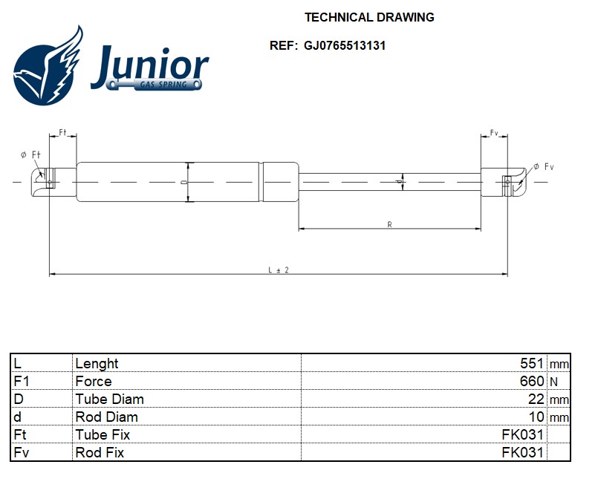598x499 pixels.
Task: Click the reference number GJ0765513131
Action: tap(345, 46)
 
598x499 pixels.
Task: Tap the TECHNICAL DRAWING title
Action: tap(369, 17)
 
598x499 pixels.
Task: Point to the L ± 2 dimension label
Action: tap(279, 270)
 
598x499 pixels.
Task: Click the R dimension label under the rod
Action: tap(389, 224)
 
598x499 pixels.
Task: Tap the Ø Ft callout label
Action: tap(30, 154)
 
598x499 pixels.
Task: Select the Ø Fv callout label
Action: tap(544, 166)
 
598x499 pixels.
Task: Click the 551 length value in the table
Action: tap(532, 363)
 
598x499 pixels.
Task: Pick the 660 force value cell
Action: tap(532, 381)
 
